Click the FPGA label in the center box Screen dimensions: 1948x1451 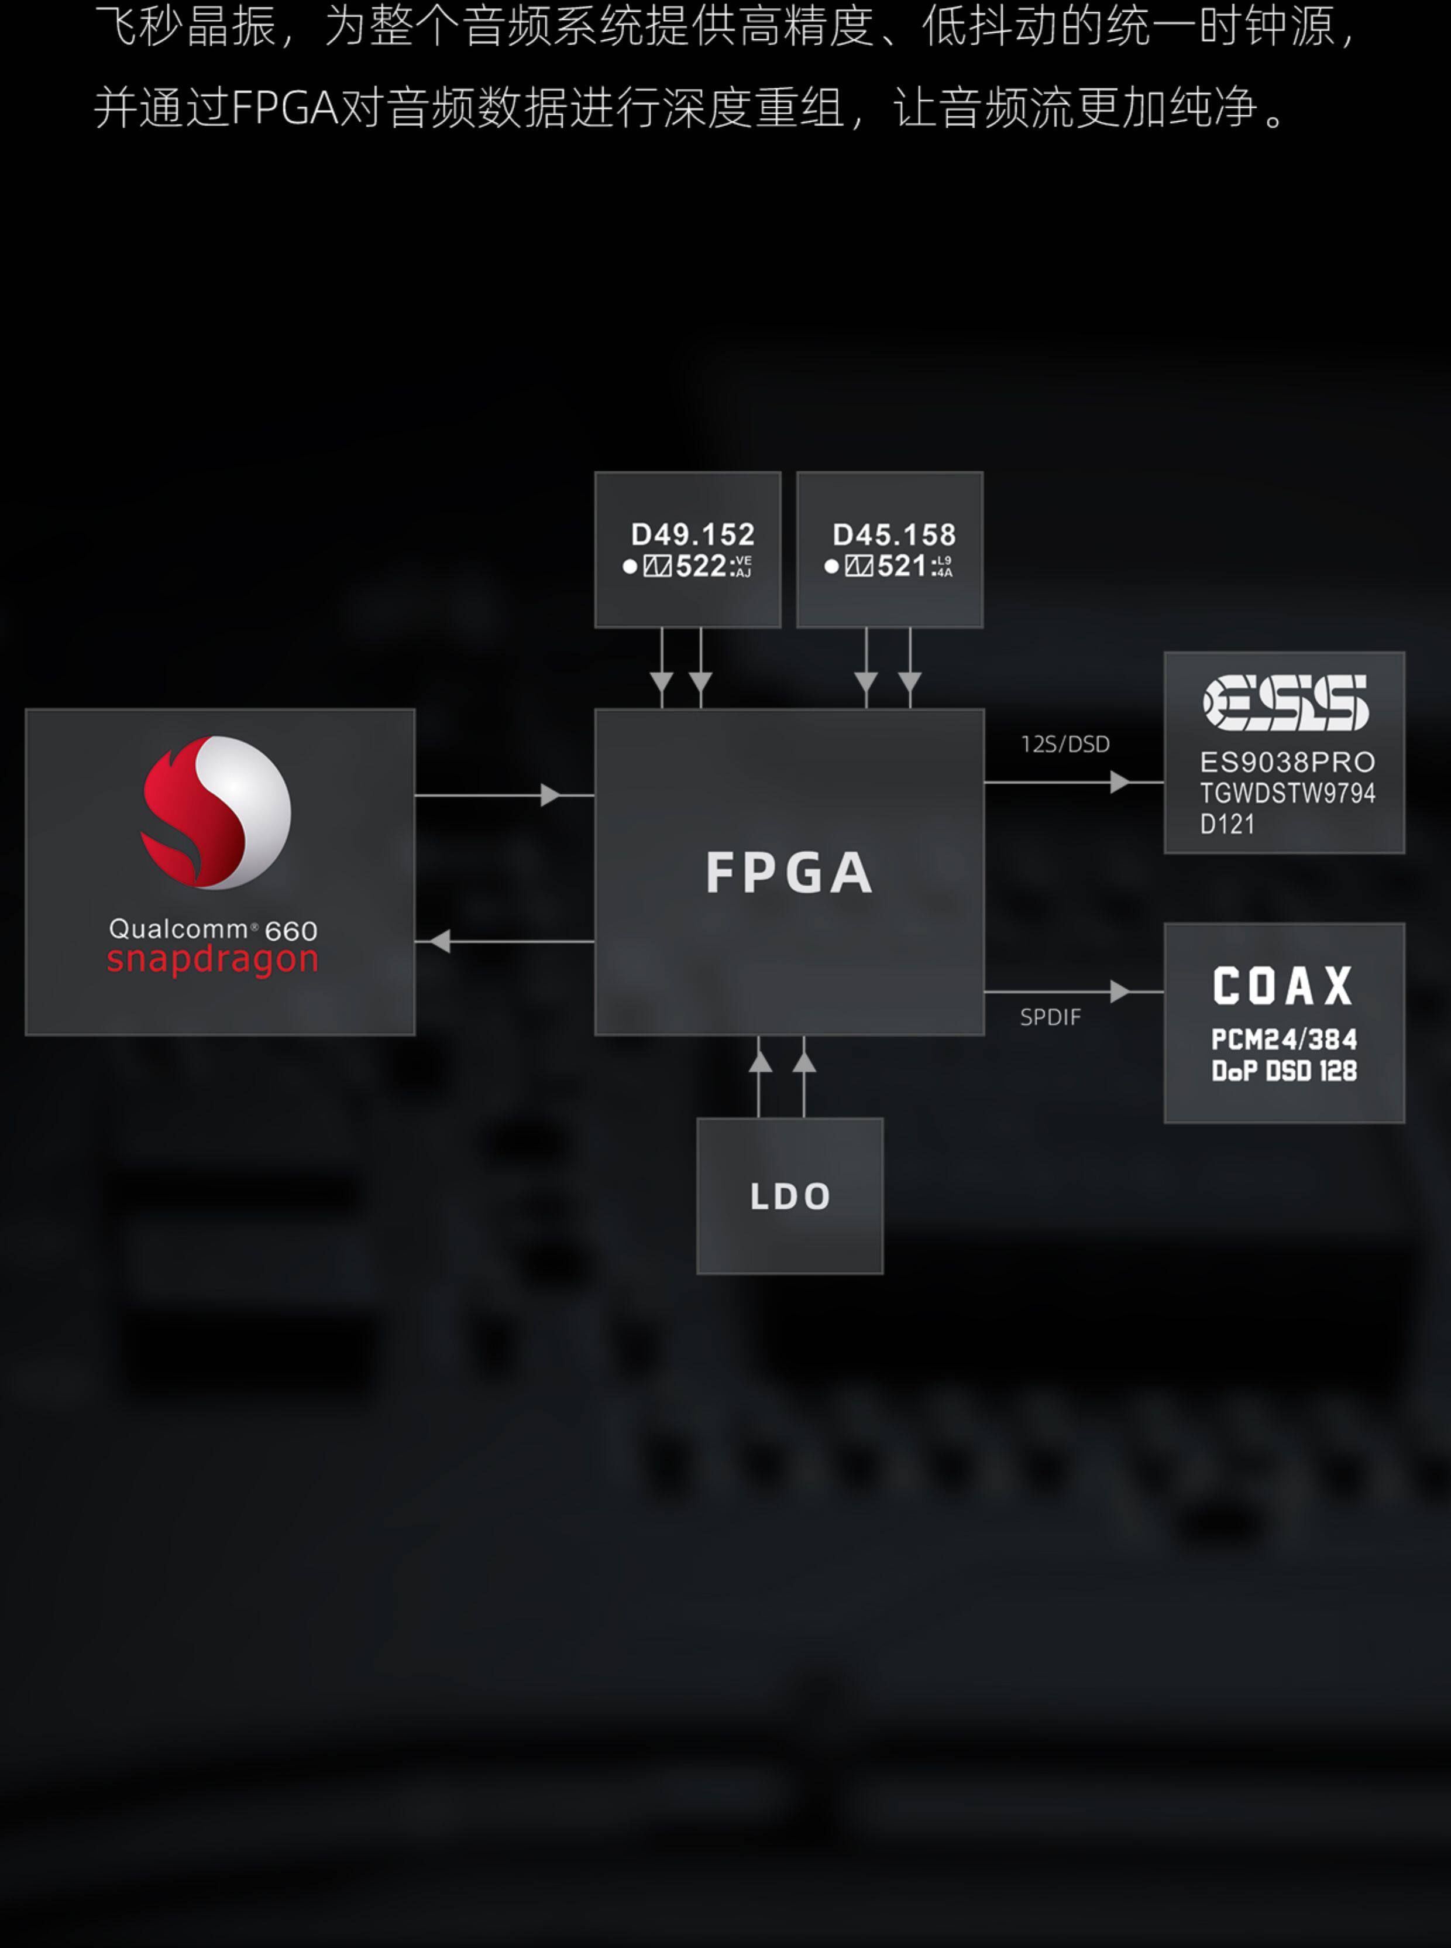point(789,873)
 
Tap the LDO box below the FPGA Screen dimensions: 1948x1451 point(790,1196)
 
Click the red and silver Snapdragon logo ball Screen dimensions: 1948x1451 point(216,812)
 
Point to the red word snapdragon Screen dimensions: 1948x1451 point(212,959)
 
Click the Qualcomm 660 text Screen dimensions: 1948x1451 point(212,929)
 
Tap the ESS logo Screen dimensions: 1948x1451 point(1285,703)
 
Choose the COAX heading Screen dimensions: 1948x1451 point(1283,986)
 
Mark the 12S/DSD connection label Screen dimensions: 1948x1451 point(1064,744)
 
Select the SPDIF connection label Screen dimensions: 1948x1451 point(1050,1017)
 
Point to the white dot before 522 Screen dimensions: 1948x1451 point(630,567)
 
